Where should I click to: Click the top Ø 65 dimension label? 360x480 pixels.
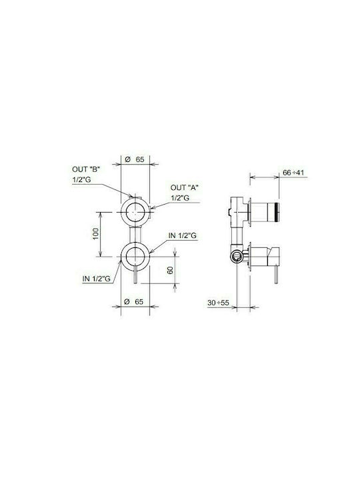point(135,159)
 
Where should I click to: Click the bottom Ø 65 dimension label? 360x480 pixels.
point(134,301)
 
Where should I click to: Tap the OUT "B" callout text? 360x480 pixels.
point(86,169)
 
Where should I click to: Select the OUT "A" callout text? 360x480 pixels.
point(184,187)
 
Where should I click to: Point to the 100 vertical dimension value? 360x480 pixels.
point(95,234)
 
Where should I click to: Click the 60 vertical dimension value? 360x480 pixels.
point(170,270)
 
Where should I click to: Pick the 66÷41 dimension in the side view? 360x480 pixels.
point(293,173)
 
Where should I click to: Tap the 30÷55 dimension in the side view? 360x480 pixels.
point(218,303)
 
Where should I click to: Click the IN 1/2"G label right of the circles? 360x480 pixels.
point(183,236)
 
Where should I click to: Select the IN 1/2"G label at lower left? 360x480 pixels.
point(97,279)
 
